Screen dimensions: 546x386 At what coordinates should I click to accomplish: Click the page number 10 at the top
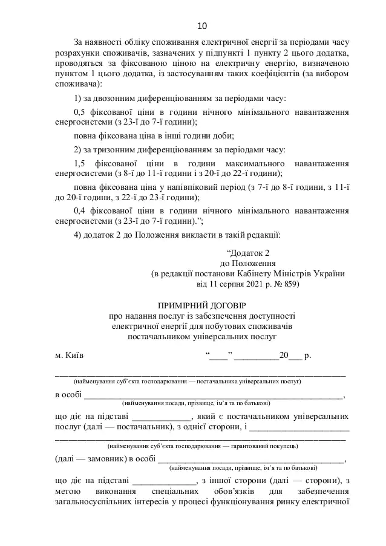click(x=202, y=25)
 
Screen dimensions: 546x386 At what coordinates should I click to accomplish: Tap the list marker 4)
click(x=77, y=235)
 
